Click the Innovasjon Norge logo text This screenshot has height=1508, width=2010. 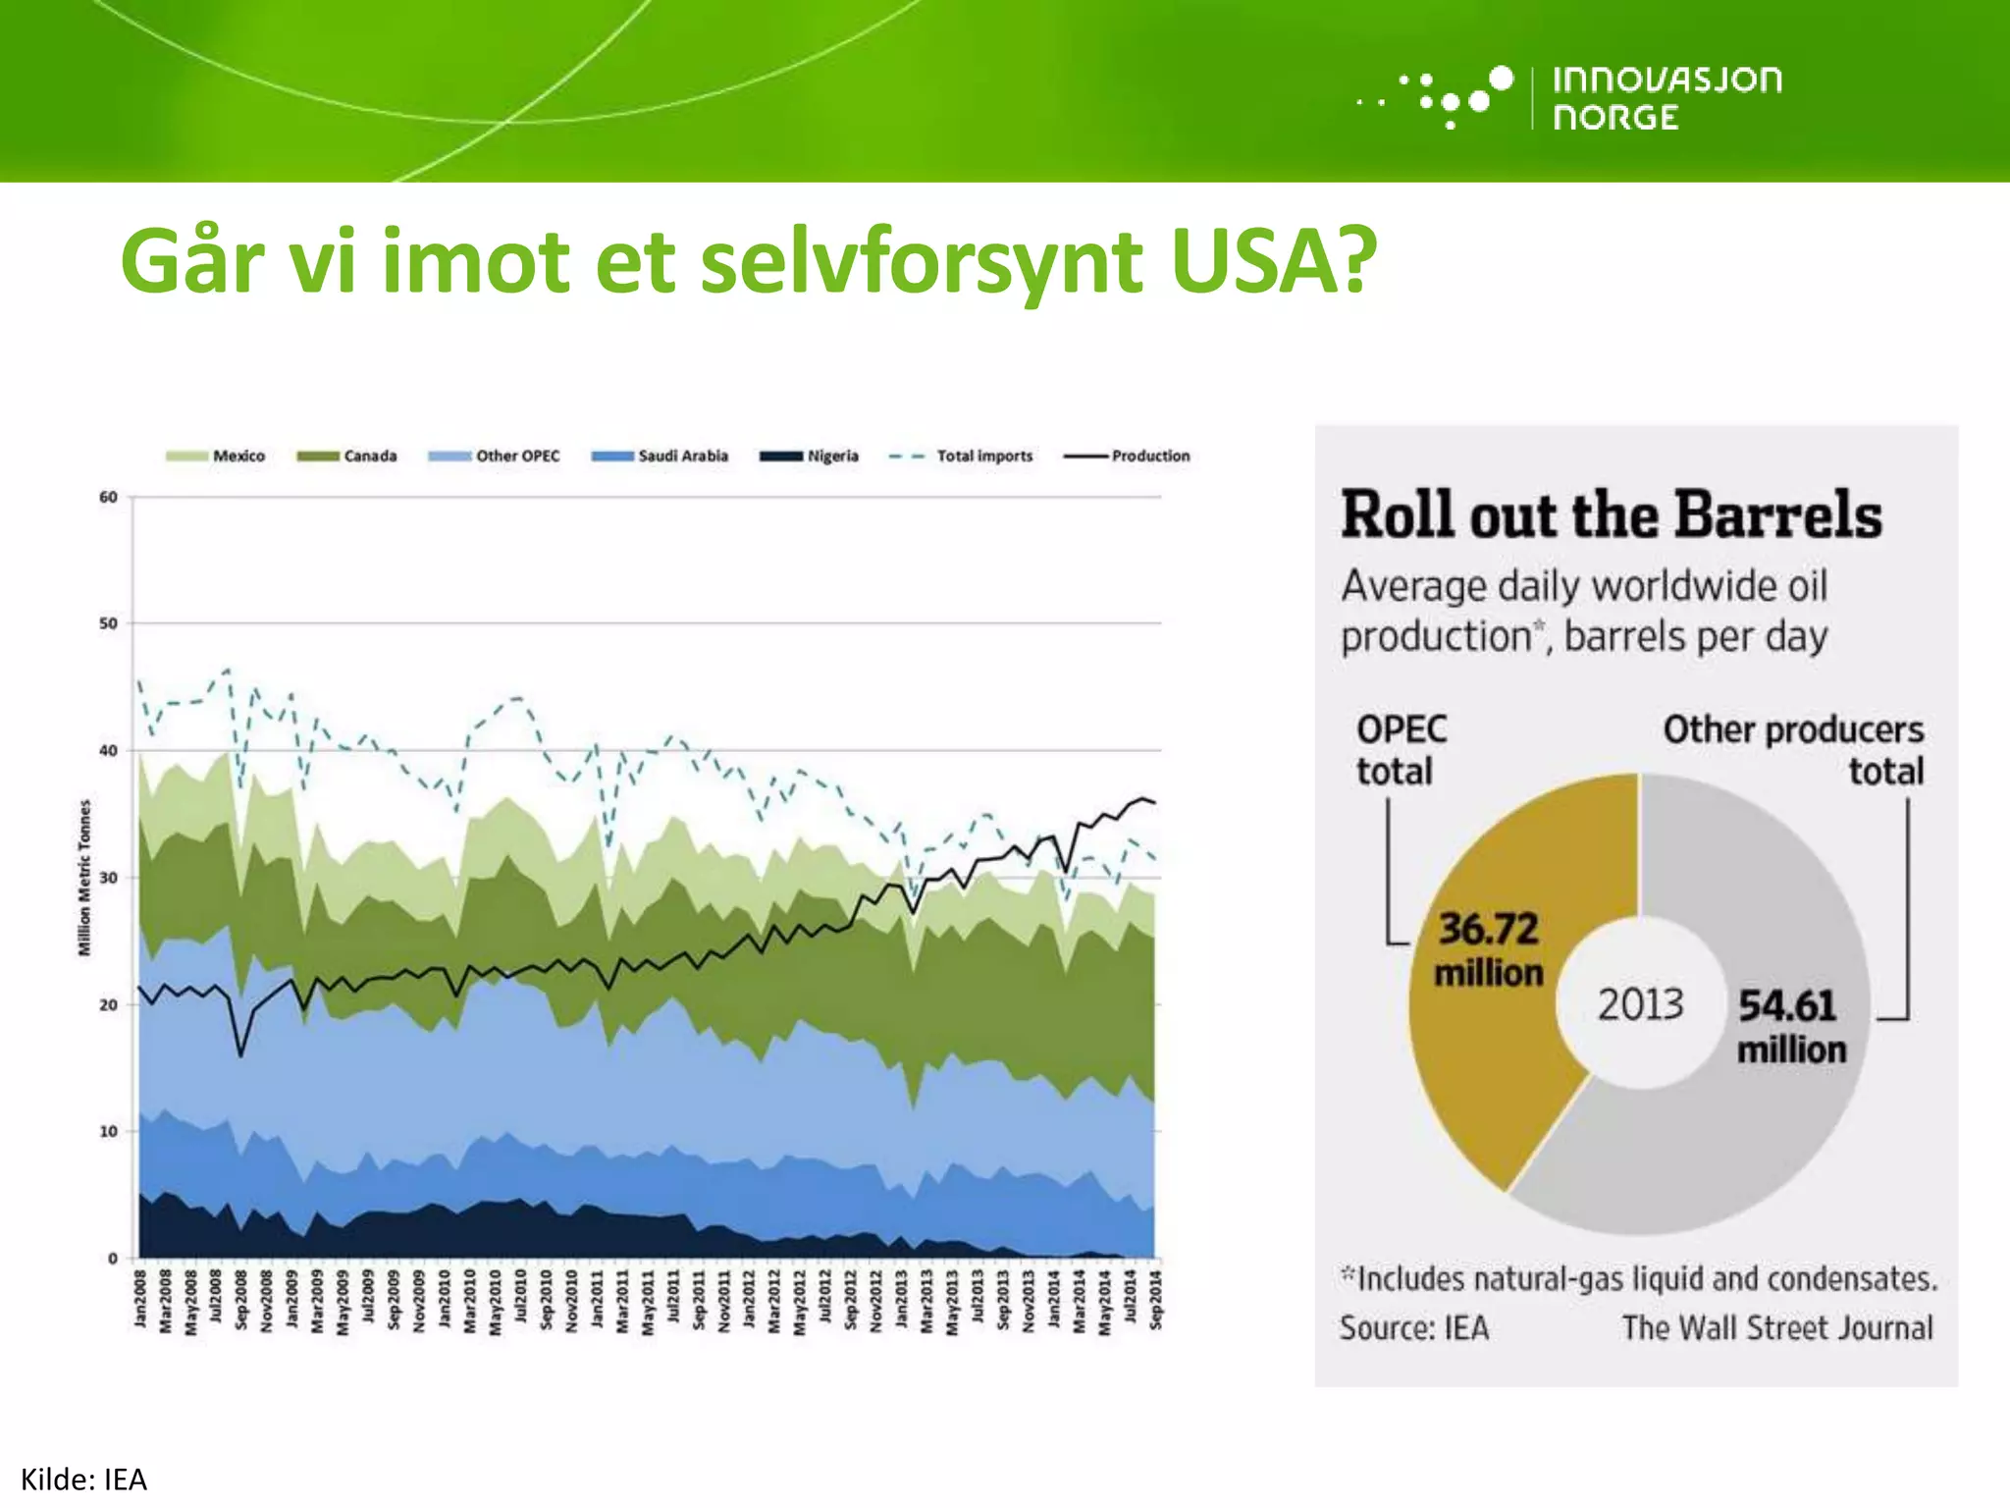click(x=1666, y=97)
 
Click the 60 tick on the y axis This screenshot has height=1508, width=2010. click(x=108, y=498)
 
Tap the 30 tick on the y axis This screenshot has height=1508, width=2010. click(x=108, y=878)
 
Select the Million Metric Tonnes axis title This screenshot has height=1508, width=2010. click(x=84, y=877)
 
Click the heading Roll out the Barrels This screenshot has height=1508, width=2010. click(x=1611, y=515)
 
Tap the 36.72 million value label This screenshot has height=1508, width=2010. click(x=1489, y=949)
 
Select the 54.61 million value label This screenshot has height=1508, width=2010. click(x=1790, y=1026)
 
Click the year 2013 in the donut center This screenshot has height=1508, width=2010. click(x=1640, y=1004)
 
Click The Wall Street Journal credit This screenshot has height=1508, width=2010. click(x=1776, y=1328)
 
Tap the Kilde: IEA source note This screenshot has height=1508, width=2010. click(x=83, y=1480)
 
